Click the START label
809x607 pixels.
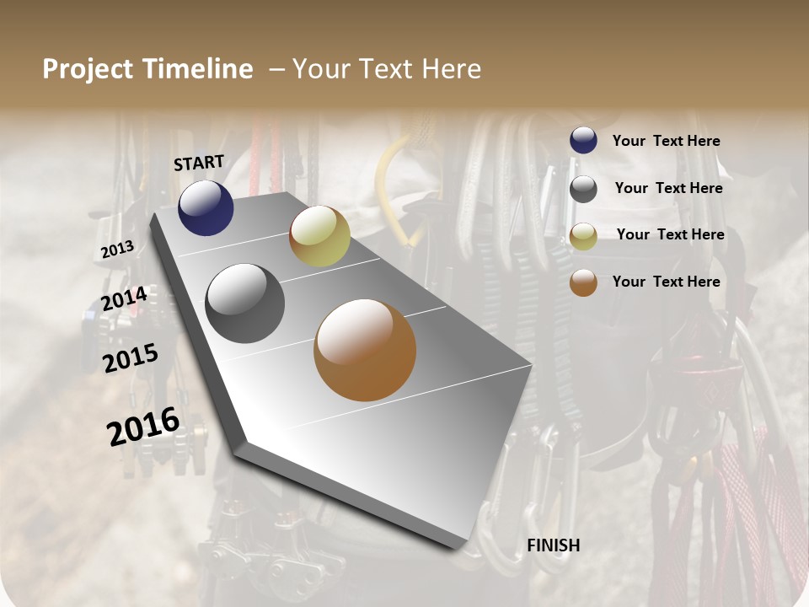point(199,163)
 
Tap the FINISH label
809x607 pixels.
point(553,545)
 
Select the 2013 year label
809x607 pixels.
point(117,250)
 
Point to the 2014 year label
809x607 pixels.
point(124,299)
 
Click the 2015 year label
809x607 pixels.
point(131,358)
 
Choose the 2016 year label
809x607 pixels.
point(143,426)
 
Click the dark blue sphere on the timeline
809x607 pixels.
point(206,207)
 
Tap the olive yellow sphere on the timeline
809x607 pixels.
point(319,236)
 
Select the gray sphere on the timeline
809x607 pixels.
point(245,303)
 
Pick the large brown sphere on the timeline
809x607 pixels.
point(365,350)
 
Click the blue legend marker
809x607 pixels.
point(583,141)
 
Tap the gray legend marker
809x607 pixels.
point(583,189)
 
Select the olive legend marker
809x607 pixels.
point(583,236)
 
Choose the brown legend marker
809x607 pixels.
point(583,283)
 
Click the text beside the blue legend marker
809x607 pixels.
point(666,142)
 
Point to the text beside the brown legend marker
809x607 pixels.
point(666,282)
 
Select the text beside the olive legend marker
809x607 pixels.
point(670,234)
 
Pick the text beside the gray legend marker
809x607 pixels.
point(668,188)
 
